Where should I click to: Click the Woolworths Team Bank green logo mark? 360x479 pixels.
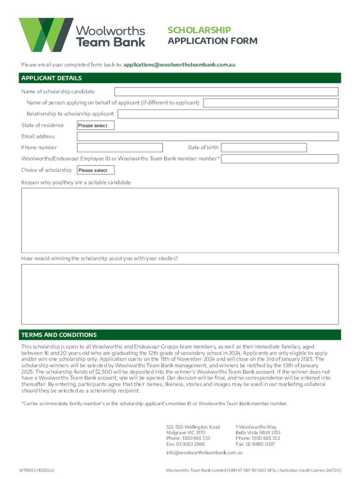point(46,35)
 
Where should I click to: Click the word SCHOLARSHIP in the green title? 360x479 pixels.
point(199,30)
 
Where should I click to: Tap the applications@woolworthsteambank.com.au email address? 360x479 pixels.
point(180,65)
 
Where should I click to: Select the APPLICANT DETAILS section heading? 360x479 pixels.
point(51,78)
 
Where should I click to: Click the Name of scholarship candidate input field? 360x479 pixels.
point(226,92)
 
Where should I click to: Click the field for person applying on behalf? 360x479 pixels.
point(270,103)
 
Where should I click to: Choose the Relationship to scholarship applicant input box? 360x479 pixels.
point(227,114)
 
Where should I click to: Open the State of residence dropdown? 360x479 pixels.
point(95,125)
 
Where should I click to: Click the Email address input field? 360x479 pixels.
point(207,137)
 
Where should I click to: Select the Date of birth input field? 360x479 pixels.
point(264,148)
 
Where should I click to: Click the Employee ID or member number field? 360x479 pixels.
point(280,159)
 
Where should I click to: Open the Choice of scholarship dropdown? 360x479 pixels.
point(95,170)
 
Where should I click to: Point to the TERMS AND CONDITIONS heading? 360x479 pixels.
point(59,335)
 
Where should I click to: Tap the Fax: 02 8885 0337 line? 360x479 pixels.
point(255,444)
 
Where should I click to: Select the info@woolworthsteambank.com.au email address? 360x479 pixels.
point(204,453)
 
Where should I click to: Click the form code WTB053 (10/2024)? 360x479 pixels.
point(39,470)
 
